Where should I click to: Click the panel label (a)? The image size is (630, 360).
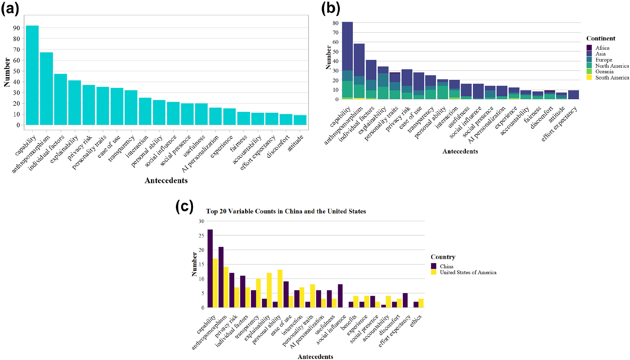(x=10, y=8)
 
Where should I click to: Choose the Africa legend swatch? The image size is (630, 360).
(x=589, y=48)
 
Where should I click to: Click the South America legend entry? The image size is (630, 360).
(x=612, y=78)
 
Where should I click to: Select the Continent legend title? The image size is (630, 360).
(x=601, y=38)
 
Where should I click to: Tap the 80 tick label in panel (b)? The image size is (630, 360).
(x=336, y=23)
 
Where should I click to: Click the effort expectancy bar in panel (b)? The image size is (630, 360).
(x=573, y=95)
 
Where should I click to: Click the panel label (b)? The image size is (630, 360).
(x=330, y=8)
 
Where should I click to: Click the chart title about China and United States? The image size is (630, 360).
(x=286, y=211)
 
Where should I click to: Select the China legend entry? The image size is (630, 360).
(x=446, y=267)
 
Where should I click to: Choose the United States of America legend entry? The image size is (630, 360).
(x=468, y=272)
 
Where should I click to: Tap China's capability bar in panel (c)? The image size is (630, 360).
(x=210, y=269)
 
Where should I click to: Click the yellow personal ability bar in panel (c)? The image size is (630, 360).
(x=280, y=289)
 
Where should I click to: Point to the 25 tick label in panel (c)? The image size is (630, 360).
(x=201, y=235)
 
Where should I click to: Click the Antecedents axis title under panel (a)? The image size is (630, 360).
(x=166, y=180)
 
